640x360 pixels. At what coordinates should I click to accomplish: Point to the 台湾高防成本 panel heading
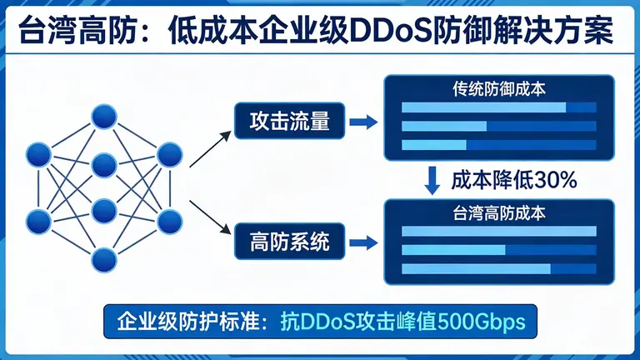pyautogui.click(x=499, y=212)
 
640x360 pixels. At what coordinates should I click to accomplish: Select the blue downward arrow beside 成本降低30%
pyautogui.click(x=432, y=179)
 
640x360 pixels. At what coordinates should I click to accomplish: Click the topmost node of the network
pyautogui.click(x=103, y=117)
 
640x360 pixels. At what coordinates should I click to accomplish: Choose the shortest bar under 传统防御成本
pyautogui.click(x=434, y=145)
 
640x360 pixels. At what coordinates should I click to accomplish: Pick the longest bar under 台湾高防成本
pyautogui.click(x=499, y=232)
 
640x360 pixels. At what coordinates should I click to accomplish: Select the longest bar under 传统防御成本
pyautogui.click(x=483, y=107)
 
